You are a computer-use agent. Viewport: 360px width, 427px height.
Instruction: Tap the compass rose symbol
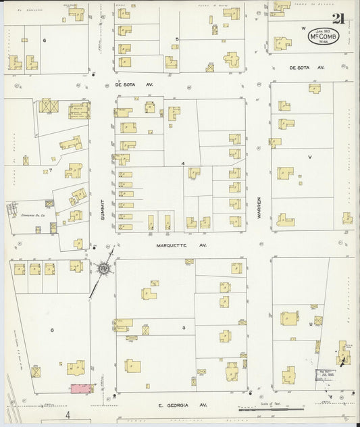(x=103, y=268)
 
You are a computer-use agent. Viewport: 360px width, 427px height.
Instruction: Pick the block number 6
(x=45, y=40)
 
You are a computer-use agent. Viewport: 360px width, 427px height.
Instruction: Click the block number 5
(x=177, y=39)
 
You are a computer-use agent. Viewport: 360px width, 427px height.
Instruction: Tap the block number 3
(x=183, y=328)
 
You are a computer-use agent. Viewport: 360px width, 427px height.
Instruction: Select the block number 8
(x=51, y=329)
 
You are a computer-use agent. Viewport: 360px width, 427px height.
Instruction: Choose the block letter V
(x=310, y=157)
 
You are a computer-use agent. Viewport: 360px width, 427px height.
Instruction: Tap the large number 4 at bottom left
(x=68, y=413)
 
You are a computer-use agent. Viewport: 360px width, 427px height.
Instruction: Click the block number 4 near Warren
(x=182, y=164)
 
